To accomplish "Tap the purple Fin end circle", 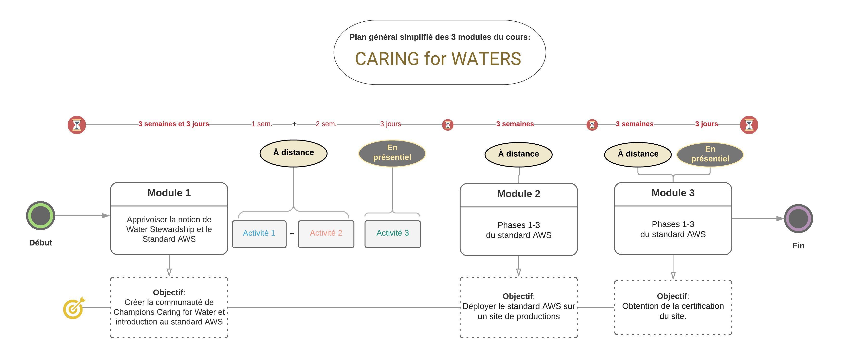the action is [x=798, y=219].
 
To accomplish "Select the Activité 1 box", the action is [x=259, y=234].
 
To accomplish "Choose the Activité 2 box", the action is [x=326, y=234].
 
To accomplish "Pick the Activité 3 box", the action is [x=392, y=234].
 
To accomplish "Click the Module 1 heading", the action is [x=169, y=193].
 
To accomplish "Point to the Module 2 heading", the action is [x=519, y=194].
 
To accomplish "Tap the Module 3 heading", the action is [x=673, y=193].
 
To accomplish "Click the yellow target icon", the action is [x=74, y=308].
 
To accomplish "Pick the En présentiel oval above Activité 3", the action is [x=392, y=153].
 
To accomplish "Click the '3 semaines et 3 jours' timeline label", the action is [x=173, y=124].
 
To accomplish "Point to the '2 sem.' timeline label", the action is [x=326, y=124].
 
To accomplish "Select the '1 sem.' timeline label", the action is [x=262, y=124].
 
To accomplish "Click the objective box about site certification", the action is [x=673, y=308].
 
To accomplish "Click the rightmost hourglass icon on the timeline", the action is [x=749, y=125].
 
